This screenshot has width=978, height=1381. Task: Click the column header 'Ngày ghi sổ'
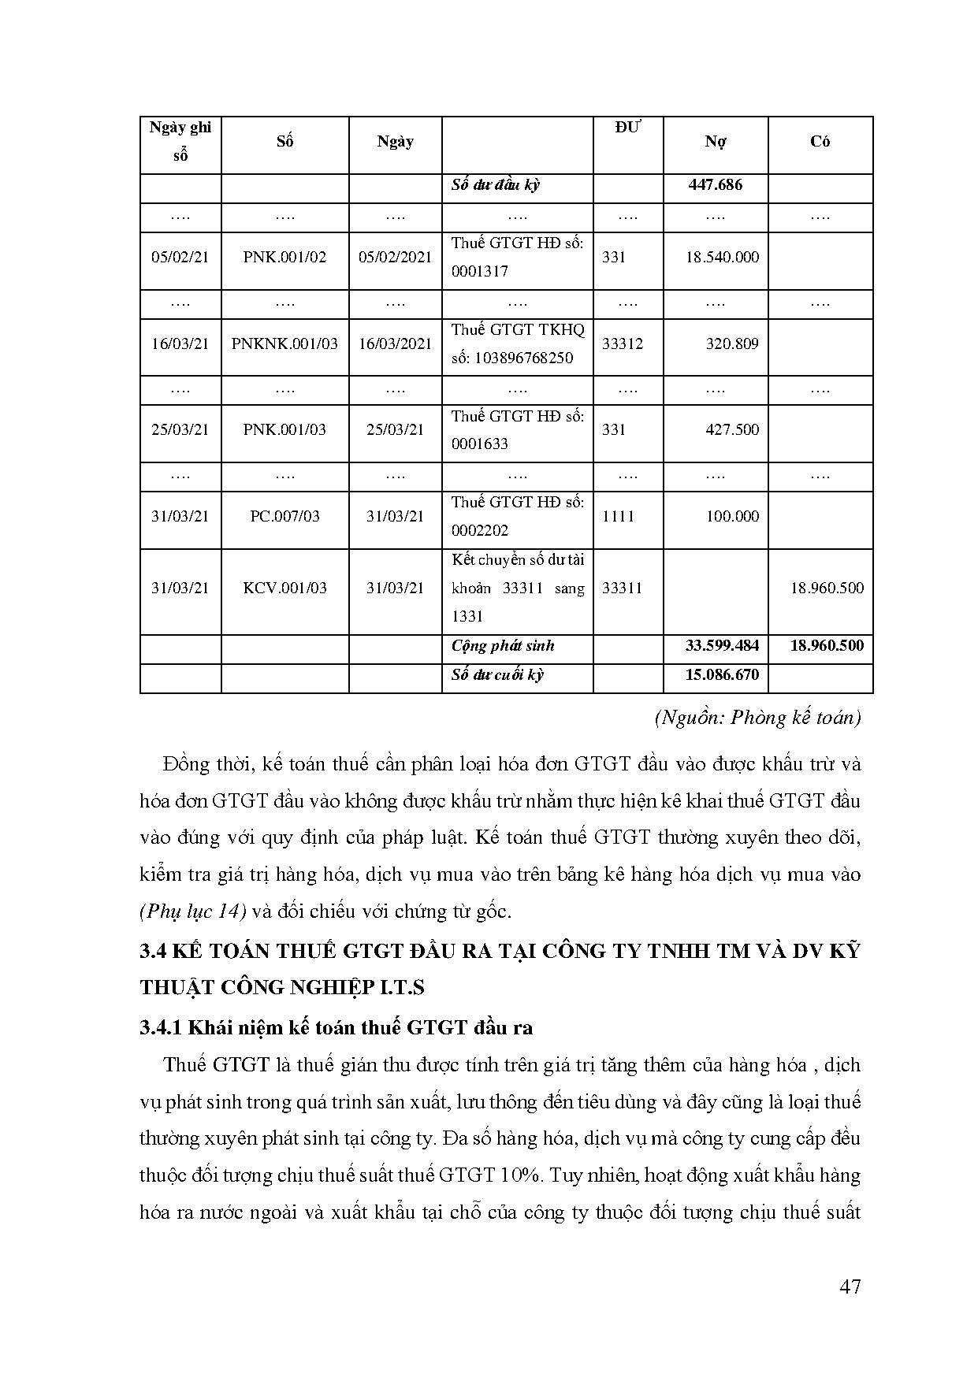[180, 141]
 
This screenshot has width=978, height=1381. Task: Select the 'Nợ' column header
[715, 142]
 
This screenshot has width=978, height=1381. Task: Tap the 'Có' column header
[820, 142]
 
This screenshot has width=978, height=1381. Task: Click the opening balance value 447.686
[715, 185]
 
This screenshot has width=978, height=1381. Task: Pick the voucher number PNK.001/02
[284, 257]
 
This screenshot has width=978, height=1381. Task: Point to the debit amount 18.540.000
[722, 257]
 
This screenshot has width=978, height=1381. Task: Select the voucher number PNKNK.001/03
[284, 343]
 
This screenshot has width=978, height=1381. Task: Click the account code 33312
[623, 343]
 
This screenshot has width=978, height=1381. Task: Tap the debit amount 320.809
[732, 343]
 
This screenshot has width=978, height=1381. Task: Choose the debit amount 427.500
[732, 429]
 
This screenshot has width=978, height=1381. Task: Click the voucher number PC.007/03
[284, 516]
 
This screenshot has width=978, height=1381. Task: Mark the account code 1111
[618, 516]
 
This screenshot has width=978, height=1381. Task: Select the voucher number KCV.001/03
[284, 588]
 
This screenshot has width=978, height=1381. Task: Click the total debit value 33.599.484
[722, 645]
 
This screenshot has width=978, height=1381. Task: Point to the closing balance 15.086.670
[722, 674]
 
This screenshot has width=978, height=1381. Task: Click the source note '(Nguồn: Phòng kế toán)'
[757, 718]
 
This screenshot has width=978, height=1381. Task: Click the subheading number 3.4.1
[162, 1027]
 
